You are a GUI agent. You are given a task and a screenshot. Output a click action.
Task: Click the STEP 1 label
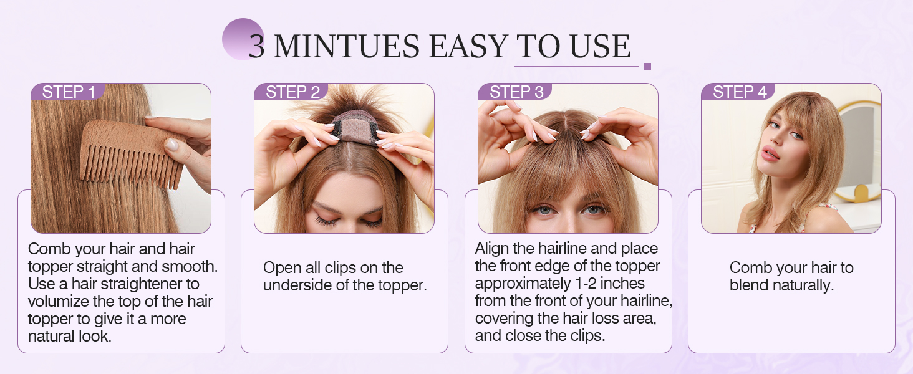coord(69,92)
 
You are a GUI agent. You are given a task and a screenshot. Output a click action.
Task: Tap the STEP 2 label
coord(292,92)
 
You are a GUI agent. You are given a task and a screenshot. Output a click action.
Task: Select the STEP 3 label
coord(516,92)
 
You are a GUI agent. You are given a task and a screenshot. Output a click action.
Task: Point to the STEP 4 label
coord(740,92)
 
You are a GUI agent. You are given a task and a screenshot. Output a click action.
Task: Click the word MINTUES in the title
coord(347,46)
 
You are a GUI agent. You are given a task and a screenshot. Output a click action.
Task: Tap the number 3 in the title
coord(256,47)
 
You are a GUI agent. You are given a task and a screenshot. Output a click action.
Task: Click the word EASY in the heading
coord(468,46)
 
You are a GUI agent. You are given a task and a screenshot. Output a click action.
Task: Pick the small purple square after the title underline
coord(647,67)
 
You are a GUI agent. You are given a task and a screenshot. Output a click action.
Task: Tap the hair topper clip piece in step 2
coord(354,128)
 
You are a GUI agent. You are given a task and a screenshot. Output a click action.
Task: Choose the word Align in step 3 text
coord(492,249)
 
